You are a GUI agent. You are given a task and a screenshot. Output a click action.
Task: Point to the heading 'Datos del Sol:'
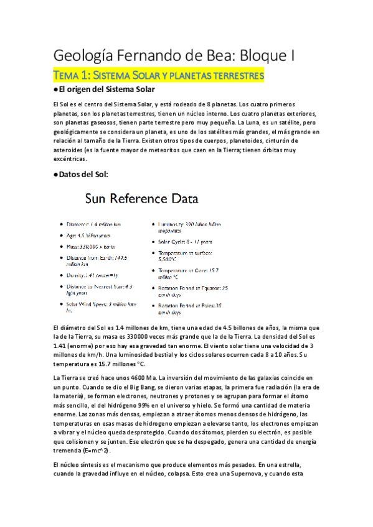coord(83,175)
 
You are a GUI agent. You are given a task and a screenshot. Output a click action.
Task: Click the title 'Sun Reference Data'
coord(142,199)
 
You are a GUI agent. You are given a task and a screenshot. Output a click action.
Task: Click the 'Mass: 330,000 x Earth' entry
coord(97,247)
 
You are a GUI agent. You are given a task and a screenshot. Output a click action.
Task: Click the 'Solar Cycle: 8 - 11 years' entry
coord(185,242)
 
